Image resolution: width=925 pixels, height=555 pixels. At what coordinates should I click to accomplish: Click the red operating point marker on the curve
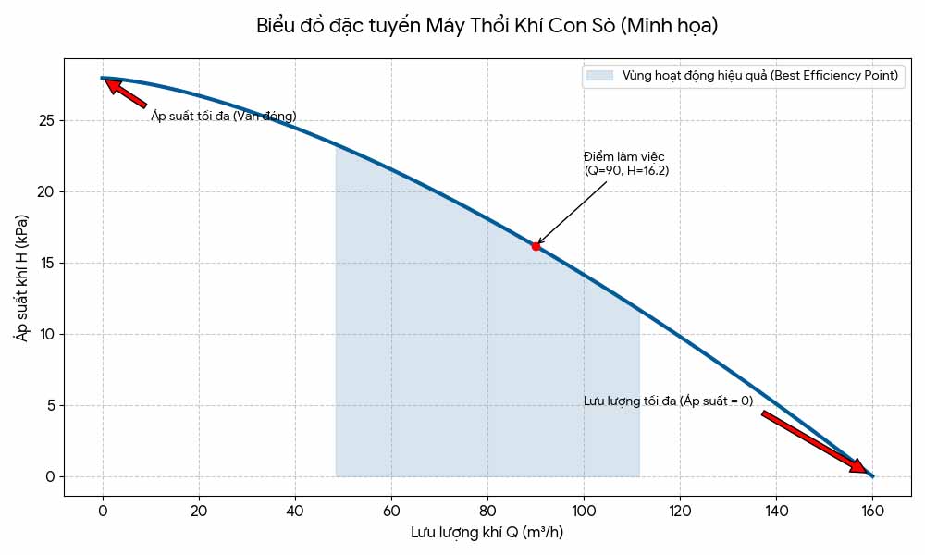click(536, 246)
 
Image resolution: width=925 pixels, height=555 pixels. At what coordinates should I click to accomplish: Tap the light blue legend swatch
click(599, 76)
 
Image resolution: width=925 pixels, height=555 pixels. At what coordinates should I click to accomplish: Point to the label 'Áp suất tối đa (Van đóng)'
click(224, 117)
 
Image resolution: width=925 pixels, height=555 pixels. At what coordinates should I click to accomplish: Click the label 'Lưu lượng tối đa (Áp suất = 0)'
click(668, 401)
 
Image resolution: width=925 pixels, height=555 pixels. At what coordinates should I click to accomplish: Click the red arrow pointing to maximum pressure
click(125, 93)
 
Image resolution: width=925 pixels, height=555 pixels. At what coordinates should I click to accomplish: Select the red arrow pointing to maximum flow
click(814, 442)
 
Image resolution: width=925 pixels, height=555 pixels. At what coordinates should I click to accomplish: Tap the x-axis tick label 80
click(487, 510)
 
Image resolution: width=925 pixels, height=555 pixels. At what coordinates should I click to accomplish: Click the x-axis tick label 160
click(872, 510)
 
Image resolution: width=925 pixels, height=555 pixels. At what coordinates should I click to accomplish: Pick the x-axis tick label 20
click(199, 510)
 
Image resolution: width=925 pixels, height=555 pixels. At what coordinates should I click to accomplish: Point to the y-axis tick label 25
click(46, 121)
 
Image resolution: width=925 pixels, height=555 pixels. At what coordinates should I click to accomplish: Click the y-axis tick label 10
click(46, 335)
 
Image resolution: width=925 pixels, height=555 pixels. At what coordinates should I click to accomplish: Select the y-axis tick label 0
click(51, 477)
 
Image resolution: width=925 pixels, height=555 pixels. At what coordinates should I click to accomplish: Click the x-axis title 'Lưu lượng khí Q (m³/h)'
click(487, 533)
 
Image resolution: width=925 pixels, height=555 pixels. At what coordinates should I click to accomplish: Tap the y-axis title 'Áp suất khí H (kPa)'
click(21, 277)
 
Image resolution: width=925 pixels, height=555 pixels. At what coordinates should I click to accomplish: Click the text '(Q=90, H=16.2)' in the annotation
click(626, 171)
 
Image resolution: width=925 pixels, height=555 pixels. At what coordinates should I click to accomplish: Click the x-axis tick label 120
click(680, 510)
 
